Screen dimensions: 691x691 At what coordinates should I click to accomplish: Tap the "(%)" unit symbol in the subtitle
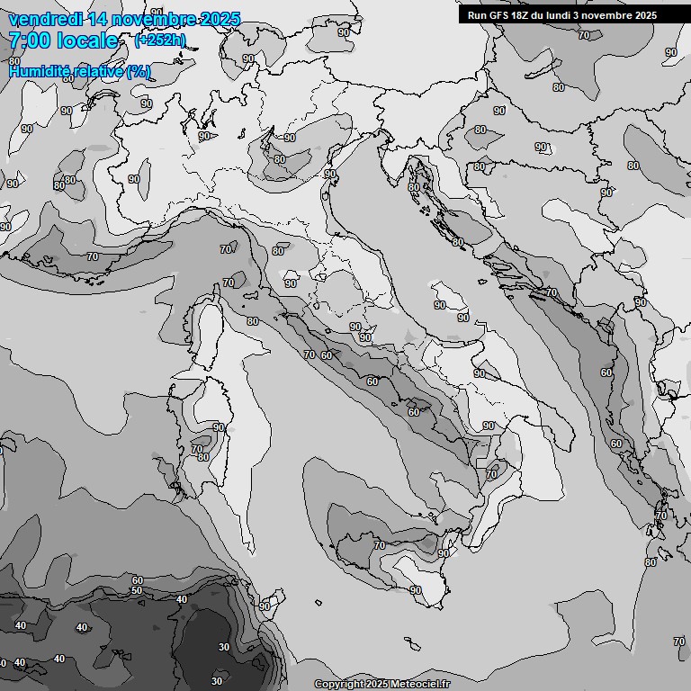139,71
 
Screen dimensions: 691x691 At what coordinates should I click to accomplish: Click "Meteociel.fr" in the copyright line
420,685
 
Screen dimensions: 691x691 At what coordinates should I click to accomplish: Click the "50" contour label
137,590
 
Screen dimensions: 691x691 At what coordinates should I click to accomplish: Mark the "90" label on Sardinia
218,426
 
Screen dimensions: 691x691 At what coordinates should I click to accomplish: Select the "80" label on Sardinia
203,457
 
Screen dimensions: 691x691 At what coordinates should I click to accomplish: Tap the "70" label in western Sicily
379,545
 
